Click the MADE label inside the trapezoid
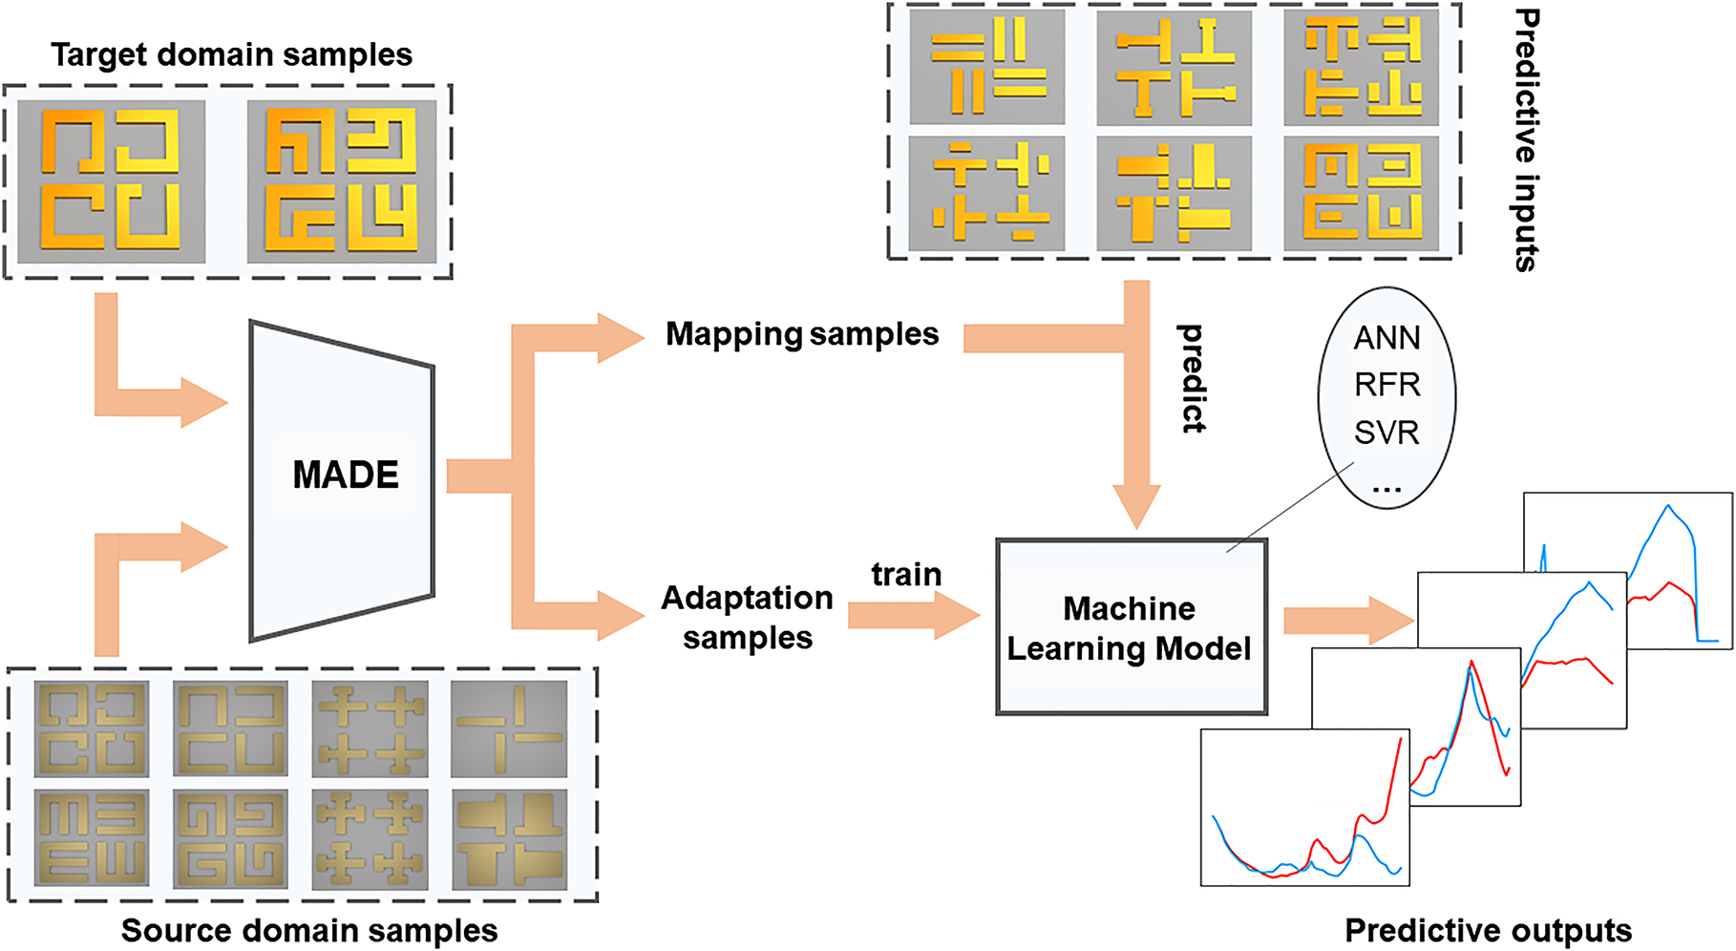pos(345,475)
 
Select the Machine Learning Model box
pos(1131,627)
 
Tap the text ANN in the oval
pos(1387,338)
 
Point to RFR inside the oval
pos(1387,385)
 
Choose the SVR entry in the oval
pos(1387,433)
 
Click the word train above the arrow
pos(906,575)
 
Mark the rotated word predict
pos(1192,378)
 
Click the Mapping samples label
pos(802,334)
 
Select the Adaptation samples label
pos(748,617)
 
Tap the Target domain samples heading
pos(231,54)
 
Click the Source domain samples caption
pos(309,930)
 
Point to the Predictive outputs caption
pos(1488,930)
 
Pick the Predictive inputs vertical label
pos(1526,139)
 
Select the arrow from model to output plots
pos(1346,621)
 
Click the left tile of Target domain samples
pos(112,180)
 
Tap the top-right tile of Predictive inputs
pos(1361,67)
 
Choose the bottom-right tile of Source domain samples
pos(509,839)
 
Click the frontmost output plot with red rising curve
pos(1304,808)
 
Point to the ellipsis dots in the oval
pos(1387,489)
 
